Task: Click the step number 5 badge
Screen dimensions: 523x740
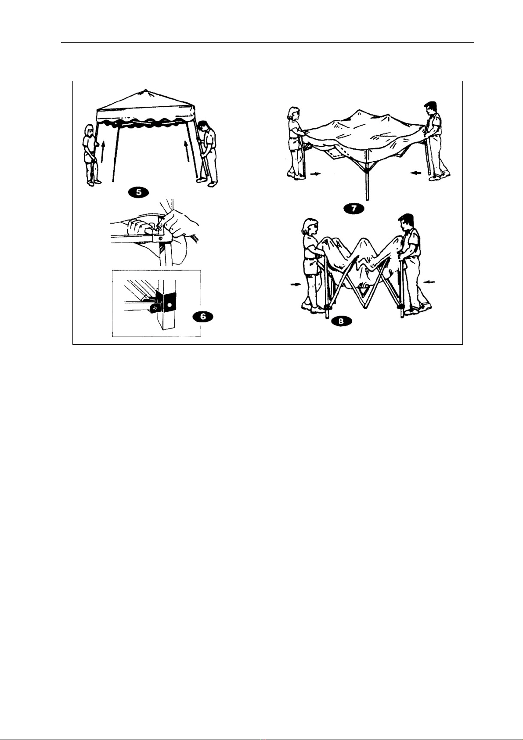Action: [x=139, y=192]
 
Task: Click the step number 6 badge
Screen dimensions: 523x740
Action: [x=203, y=317]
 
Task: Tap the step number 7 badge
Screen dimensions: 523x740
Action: [x=354, y=209]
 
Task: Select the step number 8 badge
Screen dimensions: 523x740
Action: [x=341, y=321]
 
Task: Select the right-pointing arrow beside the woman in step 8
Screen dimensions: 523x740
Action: [x=296, y=284]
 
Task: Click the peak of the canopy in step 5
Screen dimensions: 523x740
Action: [x=144, y=90]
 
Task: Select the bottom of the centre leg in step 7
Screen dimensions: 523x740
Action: [x=367, y=199]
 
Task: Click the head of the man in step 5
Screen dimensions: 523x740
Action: [x=203, y=127]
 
